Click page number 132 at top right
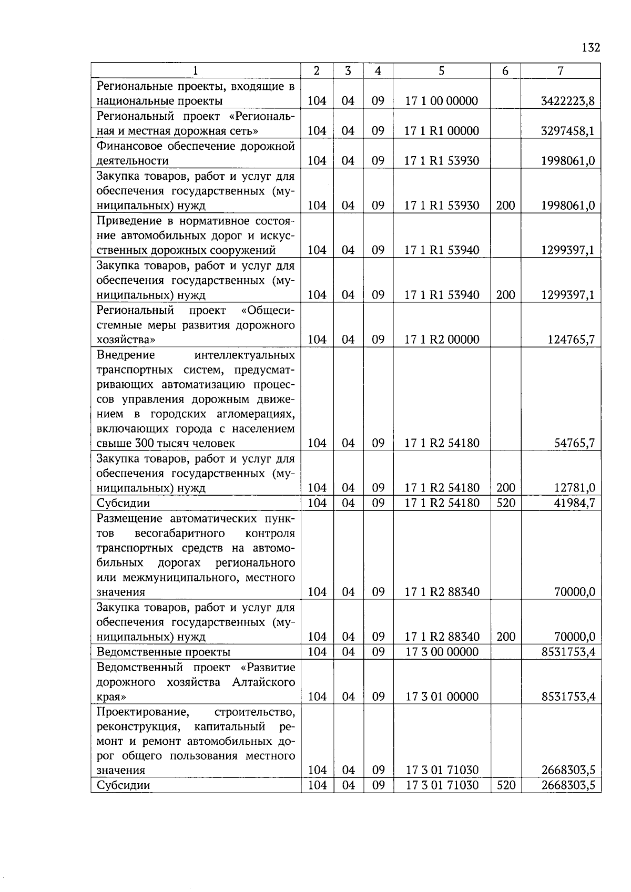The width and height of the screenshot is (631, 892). tap(591, 48)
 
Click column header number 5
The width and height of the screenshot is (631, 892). tap(441, 71)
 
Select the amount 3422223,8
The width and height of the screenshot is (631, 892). tap(568, 101)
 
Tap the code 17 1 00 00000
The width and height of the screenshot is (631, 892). tap(441, 101)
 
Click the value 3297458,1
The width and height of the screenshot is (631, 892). tap(568, 131)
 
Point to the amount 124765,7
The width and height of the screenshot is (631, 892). tap(571, 340)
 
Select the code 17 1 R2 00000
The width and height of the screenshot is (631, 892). tap(441, 340)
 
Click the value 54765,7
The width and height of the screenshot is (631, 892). tap(574, 443)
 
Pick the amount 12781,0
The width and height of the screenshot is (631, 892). tap(574, 488)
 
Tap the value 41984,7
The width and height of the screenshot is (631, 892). tap(574, 503)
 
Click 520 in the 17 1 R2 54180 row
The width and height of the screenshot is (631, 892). tap(505, 503)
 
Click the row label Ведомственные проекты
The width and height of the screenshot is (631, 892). tap(164, 652)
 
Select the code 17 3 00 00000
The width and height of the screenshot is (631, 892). tap(441, 652)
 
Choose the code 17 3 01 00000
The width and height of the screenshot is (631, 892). tap(441, 697)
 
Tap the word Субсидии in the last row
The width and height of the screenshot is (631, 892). tap(124, 785)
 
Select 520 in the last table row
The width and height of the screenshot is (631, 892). tap(505, 785)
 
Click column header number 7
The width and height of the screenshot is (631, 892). tap(561, 71)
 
